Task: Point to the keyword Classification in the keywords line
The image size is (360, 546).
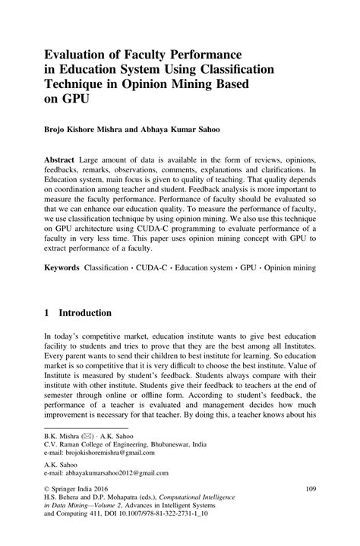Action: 106,269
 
